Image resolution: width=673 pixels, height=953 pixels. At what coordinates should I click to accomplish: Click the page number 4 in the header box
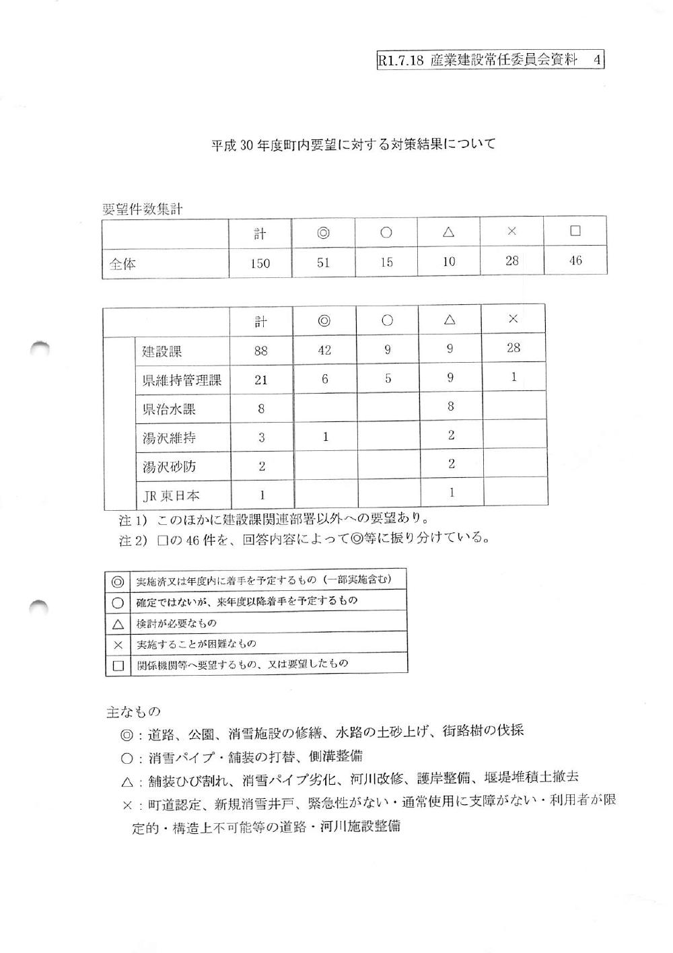click(x=596, y=60)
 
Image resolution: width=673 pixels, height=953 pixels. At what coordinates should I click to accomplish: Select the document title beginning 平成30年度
click(x=353, y=145)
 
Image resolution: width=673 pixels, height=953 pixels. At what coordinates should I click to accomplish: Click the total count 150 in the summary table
click(x=260, y=263)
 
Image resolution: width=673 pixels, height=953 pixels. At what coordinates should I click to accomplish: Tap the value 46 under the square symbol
click(x=575, y=260)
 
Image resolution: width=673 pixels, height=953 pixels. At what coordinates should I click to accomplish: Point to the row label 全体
click(x=122, y=264)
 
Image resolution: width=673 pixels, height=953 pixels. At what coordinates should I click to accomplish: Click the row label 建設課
click(x=162, y=351)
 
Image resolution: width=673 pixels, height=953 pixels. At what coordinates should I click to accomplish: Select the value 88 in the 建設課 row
click(x=260, y=351)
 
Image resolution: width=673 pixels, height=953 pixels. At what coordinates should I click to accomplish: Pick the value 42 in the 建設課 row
click(x=324, y=349)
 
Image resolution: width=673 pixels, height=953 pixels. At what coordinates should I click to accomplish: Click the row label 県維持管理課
click(x=181, y=380)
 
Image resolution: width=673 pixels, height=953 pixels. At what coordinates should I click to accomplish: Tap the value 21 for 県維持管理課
click(x=260, y=380)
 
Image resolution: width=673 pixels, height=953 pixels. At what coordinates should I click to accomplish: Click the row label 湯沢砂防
click(x=169, y=466)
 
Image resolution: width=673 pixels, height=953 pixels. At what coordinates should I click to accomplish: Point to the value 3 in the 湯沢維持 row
click(x=261, y=437)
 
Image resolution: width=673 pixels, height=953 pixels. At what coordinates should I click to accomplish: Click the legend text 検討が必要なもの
click(x=176, y=623)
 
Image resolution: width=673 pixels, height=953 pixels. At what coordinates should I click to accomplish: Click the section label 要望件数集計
click(x=142, y=209)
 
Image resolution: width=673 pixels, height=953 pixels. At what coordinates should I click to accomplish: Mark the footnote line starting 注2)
click(x=303, y=538)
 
